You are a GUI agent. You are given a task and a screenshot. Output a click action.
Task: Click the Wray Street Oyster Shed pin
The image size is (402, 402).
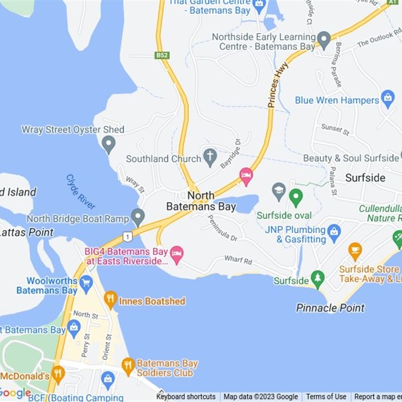point(108,145)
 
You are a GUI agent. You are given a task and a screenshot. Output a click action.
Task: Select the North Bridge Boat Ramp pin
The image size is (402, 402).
point(138,218)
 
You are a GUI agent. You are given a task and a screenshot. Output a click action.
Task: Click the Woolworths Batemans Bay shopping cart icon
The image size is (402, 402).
point(86,283)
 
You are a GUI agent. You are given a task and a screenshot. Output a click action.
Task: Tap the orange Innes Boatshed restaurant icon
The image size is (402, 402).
point(111,300)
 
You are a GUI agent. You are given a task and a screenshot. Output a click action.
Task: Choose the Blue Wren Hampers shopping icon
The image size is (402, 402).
point(387,98)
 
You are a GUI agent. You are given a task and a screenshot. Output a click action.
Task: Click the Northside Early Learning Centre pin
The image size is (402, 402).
point(324,39)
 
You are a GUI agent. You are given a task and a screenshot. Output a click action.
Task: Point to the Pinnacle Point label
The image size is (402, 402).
point(330,308)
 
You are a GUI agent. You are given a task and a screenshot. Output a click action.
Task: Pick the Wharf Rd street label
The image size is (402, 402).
point(238,260)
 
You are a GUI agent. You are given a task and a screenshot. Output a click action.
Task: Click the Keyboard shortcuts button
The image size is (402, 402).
point(186,397)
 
